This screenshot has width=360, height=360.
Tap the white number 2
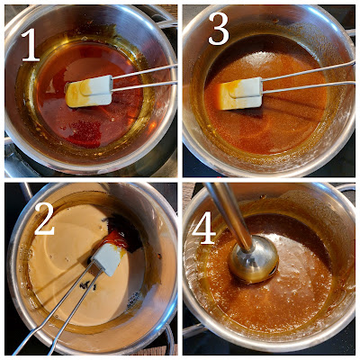tap(44, 220)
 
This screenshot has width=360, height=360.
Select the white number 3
tap(219, 30)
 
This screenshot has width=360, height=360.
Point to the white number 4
tap(204, 229)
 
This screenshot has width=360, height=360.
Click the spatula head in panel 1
tap(89, 91)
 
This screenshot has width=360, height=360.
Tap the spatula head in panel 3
tap(239, 94)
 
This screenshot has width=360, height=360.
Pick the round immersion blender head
tap(254, 258)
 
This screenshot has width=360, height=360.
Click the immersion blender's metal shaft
tap(230, 215)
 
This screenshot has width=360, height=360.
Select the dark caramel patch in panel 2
tap(123, 231)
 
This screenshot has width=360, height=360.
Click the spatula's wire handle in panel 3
tap(309, 77)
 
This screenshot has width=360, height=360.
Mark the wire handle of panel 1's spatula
tap(145, 78)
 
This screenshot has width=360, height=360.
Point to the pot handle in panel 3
tap(350, 34)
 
